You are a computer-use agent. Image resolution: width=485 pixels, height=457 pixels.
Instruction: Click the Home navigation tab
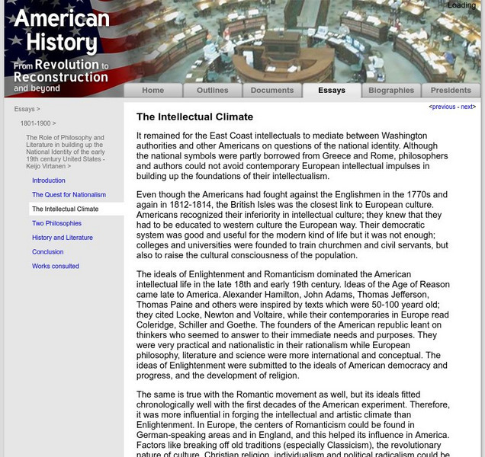[153, 90]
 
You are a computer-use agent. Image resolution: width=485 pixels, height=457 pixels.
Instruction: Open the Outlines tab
[212, 90]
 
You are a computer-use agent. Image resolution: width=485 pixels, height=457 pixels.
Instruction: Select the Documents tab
[272, 90]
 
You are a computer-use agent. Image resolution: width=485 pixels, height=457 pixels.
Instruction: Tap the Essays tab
[332, 90]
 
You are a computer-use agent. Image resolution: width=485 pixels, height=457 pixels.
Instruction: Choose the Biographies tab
[391, 90]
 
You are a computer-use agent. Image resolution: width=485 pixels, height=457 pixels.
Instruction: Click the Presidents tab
[451, 90]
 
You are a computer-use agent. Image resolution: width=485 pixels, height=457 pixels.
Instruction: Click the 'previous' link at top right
[444, 107]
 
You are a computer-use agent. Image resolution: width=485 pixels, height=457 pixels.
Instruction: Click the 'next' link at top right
[467, 107]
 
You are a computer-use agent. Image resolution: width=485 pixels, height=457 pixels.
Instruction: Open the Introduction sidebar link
[49, 181]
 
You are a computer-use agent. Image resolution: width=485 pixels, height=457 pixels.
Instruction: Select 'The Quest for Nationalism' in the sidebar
[69, 195]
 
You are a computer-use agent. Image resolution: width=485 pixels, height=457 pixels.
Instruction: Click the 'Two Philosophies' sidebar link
[56, 223]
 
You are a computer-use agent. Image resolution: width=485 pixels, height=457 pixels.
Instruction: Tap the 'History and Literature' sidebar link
[63, 238]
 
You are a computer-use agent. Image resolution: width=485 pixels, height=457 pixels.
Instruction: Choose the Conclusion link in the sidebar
[48, 252]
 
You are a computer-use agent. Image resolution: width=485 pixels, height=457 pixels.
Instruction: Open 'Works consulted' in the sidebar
[56, 267]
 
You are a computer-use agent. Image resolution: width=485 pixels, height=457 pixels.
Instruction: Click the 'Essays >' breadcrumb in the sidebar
[27, 109]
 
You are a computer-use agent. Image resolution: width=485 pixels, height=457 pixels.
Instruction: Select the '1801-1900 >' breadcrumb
[38, 123]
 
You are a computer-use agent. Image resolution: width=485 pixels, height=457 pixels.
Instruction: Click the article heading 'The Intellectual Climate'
[194, 117]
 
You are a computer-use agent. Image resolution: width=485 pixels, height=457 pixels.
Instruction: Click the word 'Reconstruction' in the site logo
[61, 77]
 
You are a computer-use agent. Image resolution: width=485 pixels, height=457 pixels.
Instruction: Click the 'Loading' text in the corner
[461, 5]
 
